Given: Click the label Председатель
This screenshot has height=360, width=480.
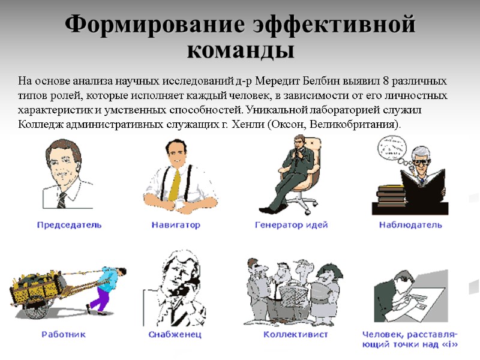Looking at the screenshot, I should tap(69, 225).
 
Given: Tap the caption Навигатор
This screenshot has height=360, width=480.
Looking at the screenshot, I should tap(175, 225).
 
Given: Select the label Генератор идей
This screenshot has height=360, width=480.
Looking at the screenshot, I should tap(292, 225).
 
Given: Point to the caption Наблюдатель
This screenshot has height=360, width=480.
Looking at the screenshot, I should tap(410, 225).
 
